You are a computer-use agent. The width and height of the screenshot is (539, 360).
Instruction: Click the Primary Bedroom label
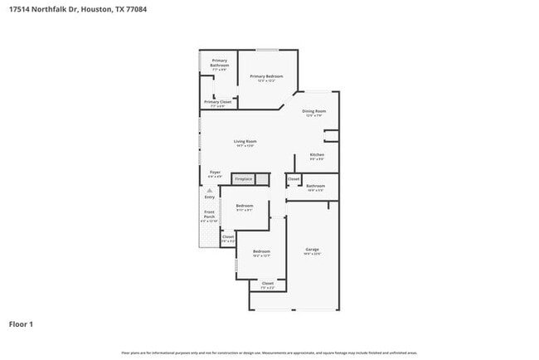(x=266, y=76)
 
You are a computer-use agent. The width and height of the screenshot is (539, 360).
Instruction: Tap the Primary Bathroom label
(x=219, y=63)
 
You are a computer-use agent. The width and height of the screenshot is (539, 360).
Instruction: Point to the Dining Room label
(x=313, y=111)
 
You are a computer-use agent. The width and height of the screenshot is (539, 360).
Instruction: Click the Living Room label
(x=244, y=142)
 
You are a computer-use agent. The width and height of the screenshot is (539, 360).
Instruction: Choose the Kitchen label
(x=317, y=156)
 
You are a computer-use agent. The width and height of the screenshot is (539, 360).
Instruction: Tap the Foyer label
(x=214, y=173)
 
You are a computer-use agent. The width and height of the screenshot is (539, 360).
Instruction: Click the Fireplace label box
(x=243, y=179)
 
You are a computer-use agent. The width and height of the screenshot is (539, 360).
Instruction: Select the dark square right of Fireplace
(x=262, y=179)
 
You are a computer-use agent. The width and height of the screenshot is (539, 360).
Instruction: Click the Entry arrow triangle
(x=209, y=190)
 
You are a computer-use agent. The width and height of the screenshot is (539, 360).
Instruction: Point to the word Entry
(x=209, y=197)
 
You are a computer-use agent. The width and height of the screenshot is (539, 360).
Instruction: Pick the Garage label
(x=312, y=250)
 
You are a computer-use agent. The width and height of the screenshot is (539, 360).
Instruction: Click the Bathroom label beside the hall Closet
(x=315, y=187)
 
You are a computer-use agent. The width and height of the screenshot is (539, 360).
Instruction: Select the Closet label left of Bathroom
(x=293, y=179)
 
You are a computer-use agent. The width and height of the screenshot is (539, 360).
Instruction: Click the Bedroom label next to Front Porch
(x=244, y=206)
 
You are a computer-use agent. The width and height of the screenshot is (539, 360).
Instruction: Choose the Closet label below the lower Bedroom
(x=267, y=285)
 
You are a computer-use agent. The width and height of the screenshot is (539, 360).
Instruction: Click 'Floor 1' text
(x=21, y=324)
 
